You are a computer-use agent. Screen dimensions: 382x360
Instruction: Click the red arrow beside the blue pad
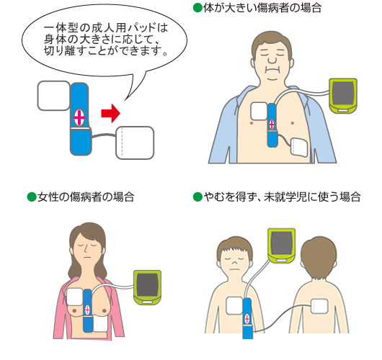point(111,113)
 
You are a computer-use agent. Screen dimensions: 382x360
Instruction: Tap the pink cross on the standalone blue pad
point(79,117)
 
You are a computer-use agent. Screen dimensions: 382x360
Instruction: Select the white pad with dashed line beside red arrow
point(135,143)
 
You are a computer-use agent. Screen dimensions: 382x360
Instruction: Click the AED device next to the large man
point(343,96)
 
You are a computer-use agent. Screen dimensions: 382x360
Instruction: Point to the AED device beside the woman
point(147,287)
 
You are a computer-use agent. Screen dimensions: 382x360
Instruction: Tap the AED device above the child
point(282,246)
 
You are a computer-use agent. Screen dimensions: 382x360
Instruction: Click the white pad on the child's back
point(319,306)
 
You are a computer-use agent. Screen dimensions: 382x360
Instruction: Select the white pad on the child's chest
point(234,306)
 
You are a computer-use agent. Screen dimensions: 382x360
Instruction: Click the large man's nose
point(272,59)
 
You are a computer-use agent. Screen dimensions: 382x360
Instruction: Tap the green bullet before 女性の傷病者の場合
point(32,197)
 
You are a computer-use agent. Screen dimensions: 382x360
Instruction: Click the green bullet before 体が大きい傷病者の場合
point(197,8)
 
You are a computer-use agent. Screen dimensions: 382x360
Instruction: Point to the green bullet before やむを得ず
point(197,197)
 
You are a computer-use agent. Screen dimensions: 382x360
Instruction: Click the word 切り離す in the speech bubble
point(65,50)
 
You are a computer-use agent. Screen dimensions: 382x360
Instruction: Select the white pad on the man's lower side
point(299,147)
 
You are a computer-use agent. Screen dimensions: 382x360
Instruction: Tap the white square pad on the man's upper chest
point(259,111)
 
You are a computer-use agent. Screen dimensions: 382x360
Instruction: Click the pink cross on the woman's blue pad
point(87,310)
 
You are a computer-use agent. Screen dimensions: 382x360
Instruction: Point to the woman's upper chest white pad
point(75,297)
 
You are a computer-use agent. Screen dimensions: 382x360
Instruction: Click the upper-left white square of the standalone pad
point(54,96)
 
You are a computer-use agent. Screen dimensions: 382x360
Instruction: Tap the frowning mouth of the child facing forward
point(234,269)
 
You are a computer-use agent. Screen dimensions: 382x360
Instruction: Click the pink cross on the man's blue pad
point(272,125)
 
